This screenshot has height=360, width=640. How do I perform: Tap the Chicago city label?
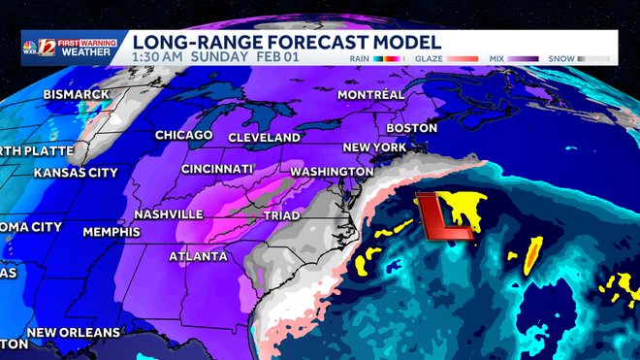pos(185,134)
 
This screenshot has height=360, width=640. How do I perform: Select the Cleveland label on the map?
pos(265,138)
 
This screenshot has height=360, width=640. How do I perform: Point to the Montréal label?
pos(370,94)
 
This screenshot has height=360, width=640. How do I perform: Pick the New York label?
pos(373,147)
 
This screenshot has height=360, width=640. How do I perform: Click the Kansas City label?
pos(75,173)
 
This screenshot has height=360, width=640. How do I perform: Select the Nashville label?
pos(169,213)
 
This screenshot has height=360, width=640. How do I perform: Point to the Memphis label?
pos(112,232)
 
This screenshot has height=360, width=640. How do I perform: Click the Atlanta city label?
pos(198,256)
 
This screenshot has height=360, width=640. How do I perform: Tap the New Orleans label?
pos(74,332)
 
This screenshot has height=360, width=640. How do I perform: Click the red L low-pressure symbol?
pos(444,216)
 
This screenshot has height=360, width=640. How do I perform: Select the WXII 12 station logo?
pos(38,49)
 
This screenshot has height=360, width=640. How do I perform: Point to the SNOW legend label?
pos(562,58)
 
